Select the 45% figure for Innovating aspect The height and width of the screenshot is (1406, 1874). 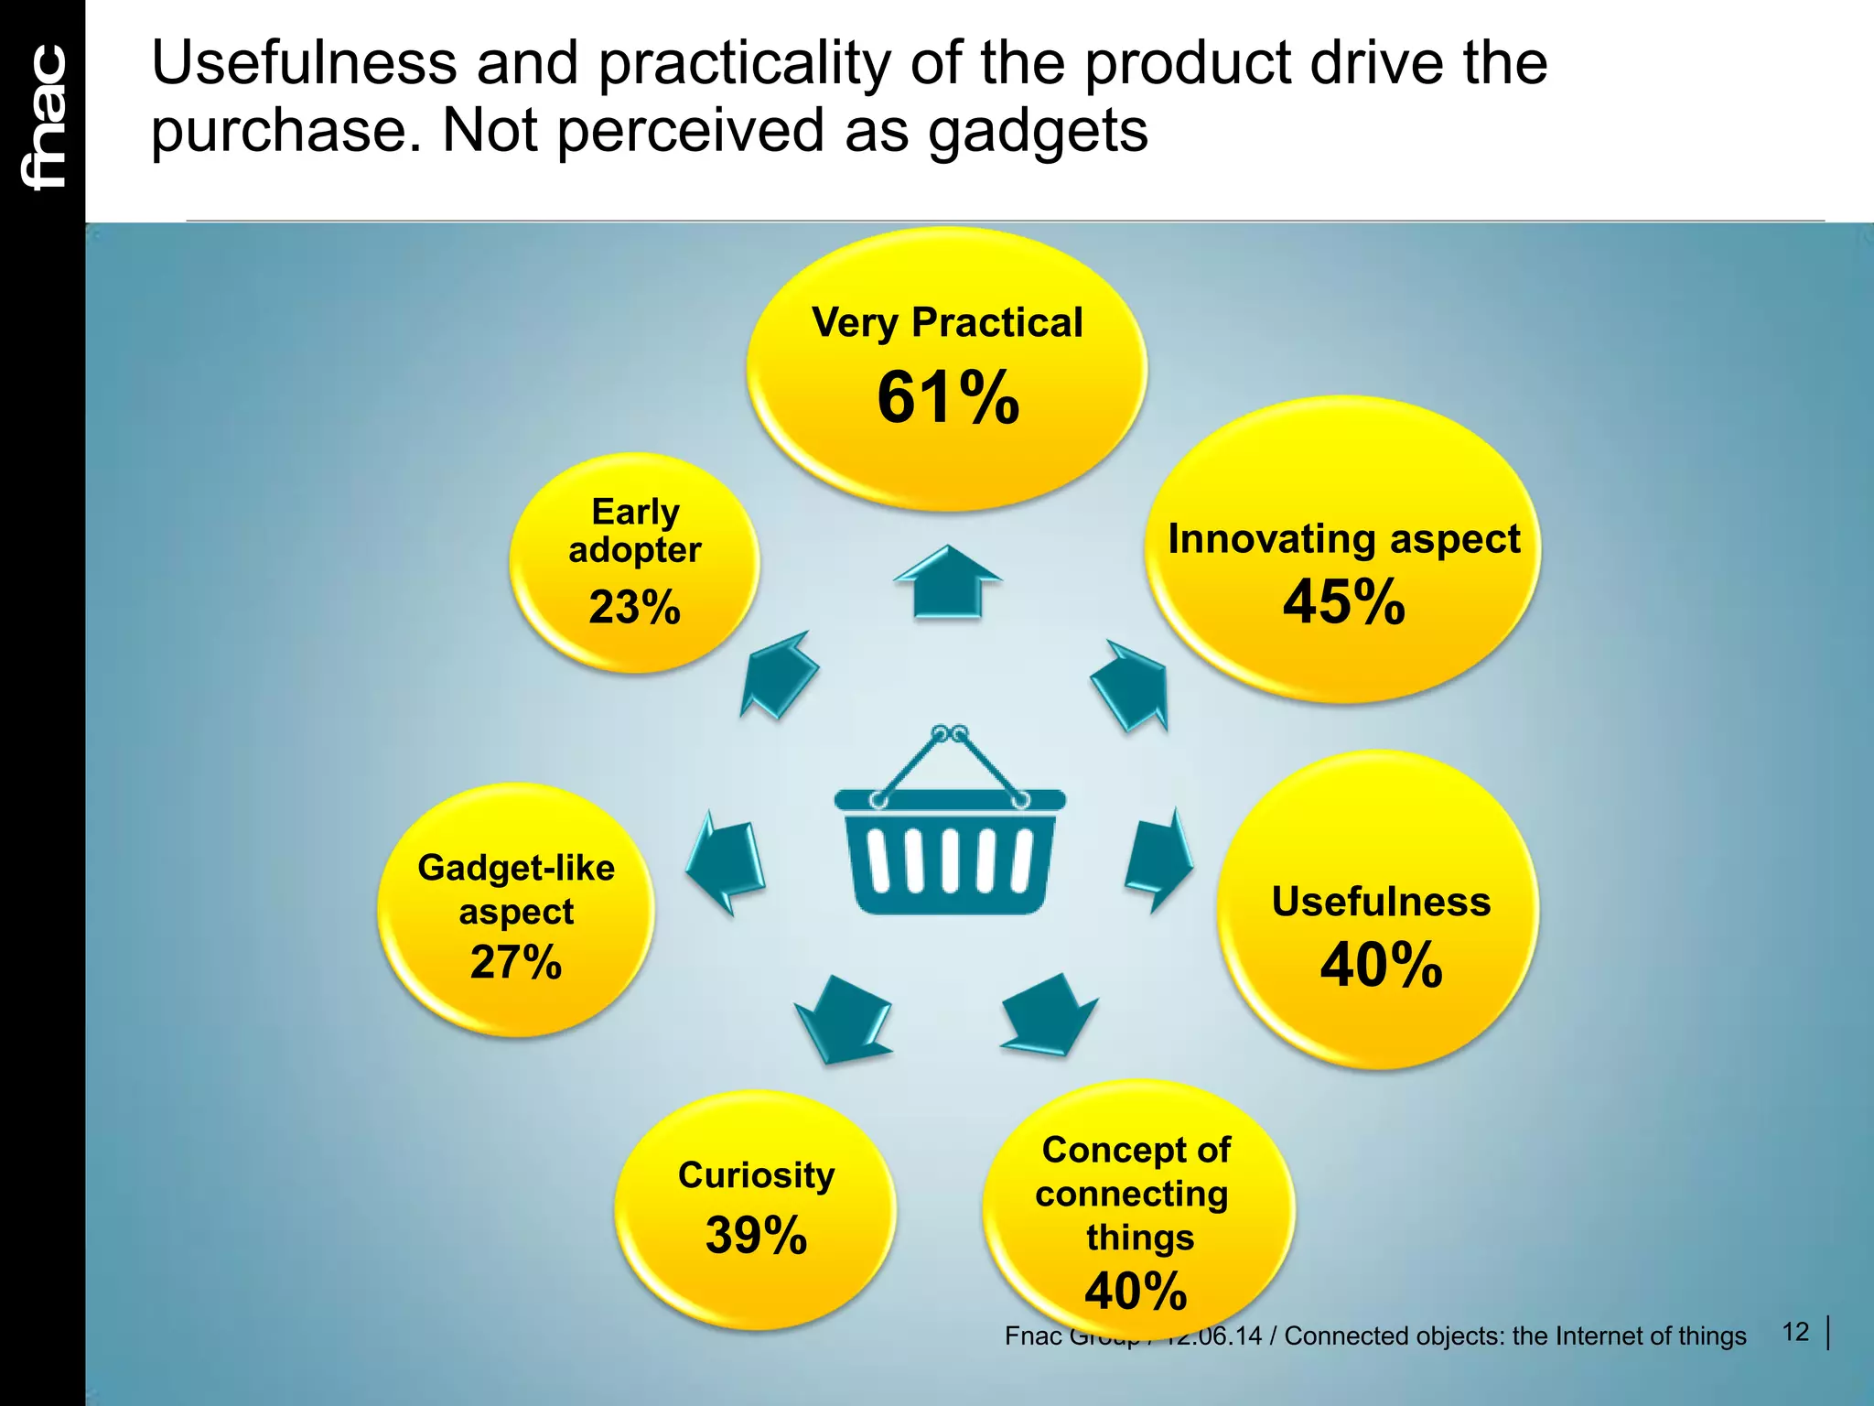1343,602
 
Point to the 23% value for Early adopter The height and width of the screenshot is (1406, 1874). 634,607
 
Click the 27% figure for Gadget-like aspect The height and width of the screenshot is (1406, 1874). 516,962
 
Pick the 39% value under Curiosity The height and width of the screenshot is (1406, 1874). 756,1235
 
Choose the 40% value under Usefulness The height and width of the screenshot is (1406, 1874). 1381,965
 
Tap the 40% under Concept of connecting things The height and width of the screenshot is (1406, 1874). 1136,1291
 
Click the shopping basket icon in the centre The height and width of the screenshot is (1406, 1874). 950,833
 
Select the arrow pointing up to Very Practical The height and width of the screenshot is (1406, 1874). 948,582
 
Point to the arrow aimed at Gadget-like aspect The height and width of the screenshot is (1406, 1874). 726,862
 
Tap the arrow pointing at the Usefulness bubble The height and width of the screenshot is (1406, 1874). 1159,860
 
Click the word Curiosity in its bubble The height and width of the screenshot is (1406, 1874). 756,1175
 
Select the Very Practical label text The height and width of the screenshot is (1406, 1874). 947,323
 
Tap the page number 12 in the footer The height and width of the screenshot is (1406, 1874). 1795,1332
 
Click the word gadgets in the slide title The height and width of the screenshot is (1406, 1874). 1038,131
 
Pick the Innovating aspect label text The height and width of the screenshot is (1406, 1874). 1343,539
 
